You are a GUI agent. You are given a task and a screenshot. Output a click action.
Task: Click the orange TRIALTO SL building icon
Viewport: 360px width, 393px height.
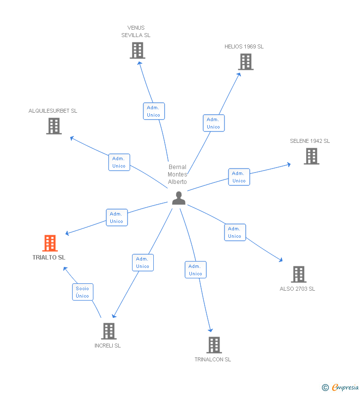click(x=50, y=243)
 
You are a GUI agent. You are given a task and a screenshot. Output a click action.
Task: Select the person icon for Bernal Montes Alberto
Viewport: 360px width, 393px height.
click(x=179, y=198)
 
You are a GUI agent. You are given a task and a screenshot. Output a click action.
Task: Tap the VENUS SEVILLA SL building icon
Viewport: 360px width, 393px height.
click(x=137, y=50)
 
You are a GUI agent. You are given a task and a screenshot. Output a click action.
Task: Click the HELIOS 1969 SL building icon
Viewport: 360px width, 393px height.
click(x=245, y=62)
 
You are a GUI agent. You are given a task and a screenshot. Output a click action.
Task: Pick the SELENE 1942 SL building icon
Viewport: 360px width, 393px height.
click(x=311, y=156)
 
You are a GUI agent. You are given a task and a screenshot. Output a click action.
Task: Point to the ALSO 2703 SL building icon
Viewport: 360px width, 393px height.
click(x=298, y=274)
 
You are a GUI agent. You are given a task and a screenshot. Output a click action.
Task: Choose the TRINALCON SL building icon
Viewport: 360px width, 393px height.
click(x=214, y=345)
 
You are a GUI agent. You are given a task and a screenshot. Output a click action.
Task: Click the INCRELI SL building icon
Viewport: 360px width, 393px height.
click(x=108, y=331)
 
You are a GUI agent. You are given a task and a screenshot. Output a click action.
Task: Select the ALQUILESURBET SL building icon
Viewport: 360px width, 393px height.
click(x=53, y=126)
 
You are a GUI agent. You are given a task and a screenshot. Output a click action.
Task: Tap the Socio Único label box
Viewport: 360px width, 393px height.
click(x=83, y=292)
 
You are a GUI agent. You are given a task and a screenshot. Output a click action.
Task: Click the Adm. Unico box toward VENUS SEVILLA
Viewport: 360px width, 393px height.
click(x=154, y=111)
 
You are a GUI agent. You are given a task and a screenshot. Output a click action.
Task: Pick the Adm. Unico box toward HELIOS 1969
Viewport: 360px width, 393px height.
click(x=214, y=123)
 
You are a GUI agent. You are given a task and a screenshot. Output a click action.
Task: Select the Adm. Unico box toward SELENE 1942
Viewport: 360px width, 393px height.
click(x=239, y=177)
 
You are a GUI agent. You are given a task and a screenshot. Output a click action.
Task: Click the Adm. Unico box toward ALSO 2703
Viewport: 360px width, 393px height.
click(x=235, y=232)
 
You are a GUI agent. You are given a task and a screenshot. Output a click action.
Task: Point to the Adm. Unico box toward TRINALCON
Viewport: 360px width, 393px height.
click(x=195, y=270)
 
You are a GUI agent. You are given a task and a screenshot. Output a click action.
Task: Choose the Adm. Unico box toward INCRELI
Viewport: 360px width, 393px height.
click(x=142, y=262)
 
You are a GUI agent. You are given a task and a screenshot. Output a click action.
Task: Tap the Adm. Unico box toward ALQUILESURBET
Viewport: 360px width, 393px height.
click(x=119, y=162)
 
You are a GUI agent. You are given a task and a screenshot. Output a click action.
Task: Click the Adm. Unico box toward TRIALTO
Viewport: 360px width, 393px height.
click(x=117, y=218)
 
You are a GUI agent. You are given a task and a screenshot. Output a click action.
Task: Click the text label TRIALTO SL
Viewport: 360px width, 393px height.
click(x=49, y=258)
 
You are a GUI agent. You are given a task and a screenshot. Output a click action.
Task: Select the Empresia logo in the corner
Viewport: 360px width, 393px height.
click(x=341, y=387)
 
